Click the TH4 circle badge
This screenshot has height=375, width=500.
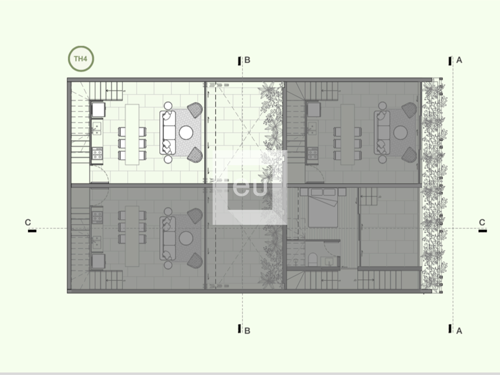coord(81,59)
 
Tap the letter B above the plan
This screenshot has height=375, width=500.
coord(247,60)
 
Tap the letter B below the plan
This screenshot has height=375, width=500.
coord(247,331)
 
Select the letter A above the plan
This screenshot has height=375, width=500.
coord(459,60)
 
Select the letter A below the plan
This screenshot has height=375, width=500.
coord(459,331)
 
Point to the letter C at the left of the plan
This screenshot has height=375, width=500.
coord(28,222)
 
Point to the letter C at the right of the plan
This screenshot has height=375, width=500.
coord(482,222)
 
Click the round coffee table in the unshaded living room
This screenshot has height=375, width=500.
coord(186,133)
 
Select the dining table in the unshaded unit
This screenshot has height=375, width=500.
coord(132,134)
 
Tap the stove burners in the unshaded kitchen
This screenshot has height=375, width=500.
coord(97,154)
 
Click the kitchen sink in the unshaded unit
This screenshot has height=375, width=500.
coord(97,128)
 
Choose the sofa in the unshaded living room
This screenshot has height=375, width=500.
coord(168,133)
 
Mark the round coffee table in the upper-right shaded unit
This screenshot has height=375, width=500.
coord(400,133)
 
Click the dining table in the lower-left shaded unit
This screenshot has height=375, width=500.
coord(132,236)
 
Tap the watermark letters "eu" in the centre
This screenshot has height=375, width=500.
coord(250,187)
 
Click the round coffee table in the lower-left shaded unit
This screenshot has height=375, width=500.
coord(186,238)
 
